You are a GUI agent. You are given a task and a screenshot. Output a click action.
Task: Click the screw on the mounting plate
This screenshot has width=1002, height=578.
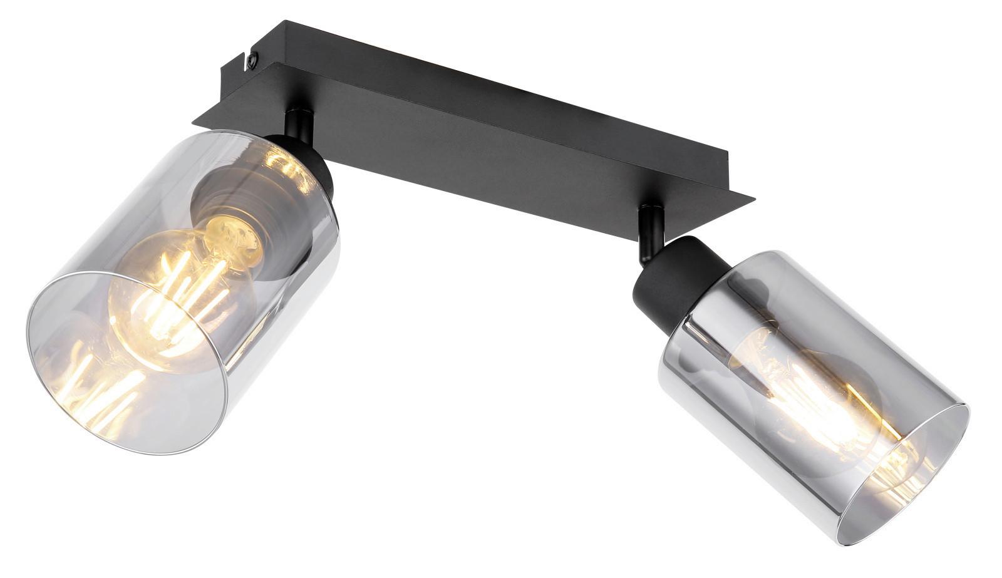tap(252, 59)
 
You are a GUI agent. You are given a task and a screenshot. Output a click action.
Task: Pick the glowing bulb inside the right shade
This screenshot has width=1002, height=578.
tap(814, 401)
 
